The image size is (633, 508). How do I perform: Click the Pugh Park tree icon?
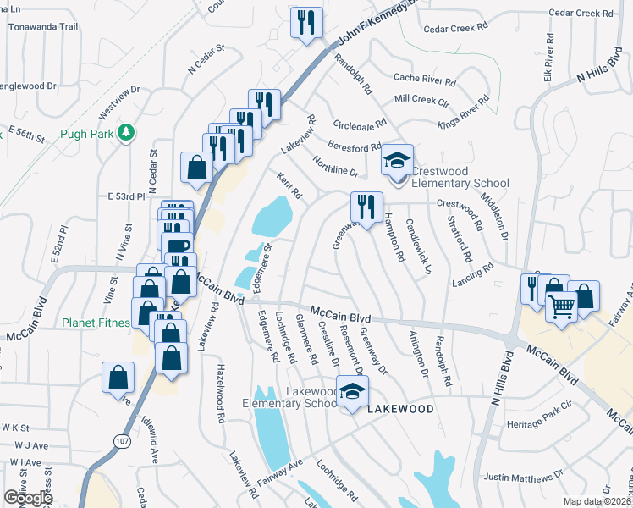126,132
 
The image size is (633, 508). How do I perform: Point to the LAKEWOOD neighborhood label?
400,409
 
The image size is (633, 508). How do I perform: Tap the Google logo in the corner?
27,498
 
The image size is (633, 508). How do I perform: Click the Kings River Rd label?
464,113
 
